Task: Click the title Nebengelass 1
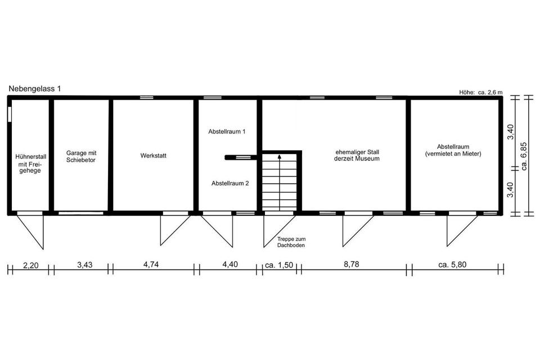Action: click(34, 88)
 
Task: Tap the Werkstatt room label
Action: click(153, 156)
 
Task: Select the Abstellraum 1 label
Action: click(227, 132)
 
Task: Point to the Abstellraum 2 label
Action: click(230, 183)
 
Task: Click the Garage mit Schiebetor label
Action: click(81, 156)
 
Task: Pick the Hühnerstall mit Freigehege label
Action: click(30, 164)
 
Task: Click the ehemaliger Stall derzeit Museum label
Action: click(357, 155)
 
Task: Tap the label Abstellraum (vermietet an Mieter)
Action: click(453, 151)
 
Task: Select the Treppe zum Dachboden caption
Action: click(291, 242)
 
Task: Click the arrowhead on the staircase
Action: click(280, 157)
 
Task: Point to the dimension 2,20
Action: click(30, 265)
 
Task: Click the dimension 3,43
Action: click(85, 265)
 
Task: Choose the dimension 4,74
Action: click(151, 264)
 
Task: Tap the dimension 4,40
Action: click(230, 264)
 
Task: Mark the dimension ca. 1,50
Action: click(279, 265)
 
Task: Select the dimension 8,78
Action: click(351, 264)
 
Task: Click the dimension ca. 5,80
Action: click(452, 264)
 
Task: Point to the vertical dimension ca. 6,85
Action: click(524, 156)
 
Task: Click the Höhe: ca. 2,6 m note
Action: click(481, 92)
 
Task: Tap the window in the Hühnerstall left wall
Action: click(10, 114)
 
